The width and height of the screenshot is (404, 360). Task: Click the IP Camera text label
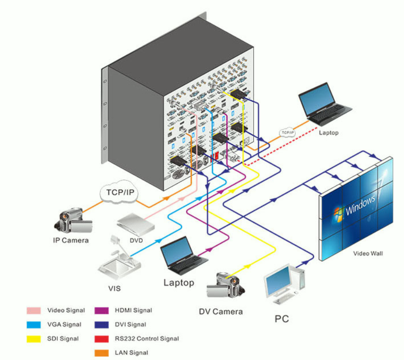[71, 240]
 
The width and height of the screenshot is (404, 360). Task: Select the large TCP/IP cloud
[120, 192]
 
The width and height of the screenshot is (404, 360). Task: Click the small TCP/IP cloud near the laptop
[287, 133]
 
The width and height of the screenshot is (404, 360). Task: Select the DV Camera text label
[221, 311]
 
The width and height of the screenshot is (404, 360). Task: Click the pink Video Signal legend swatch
[35, 311]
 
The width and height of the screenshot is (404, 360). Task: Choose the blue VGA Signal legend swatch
[35, 325]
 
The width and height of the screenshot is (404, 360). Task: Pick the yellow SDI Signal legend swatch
[35, 339]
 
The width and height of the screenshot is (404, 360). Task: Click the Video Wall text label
[368, 253]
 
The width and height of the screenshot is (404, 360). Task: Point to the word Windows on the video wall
[361, 204]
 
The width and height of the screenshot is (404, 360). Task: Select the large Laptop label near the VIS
[179, 283]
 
